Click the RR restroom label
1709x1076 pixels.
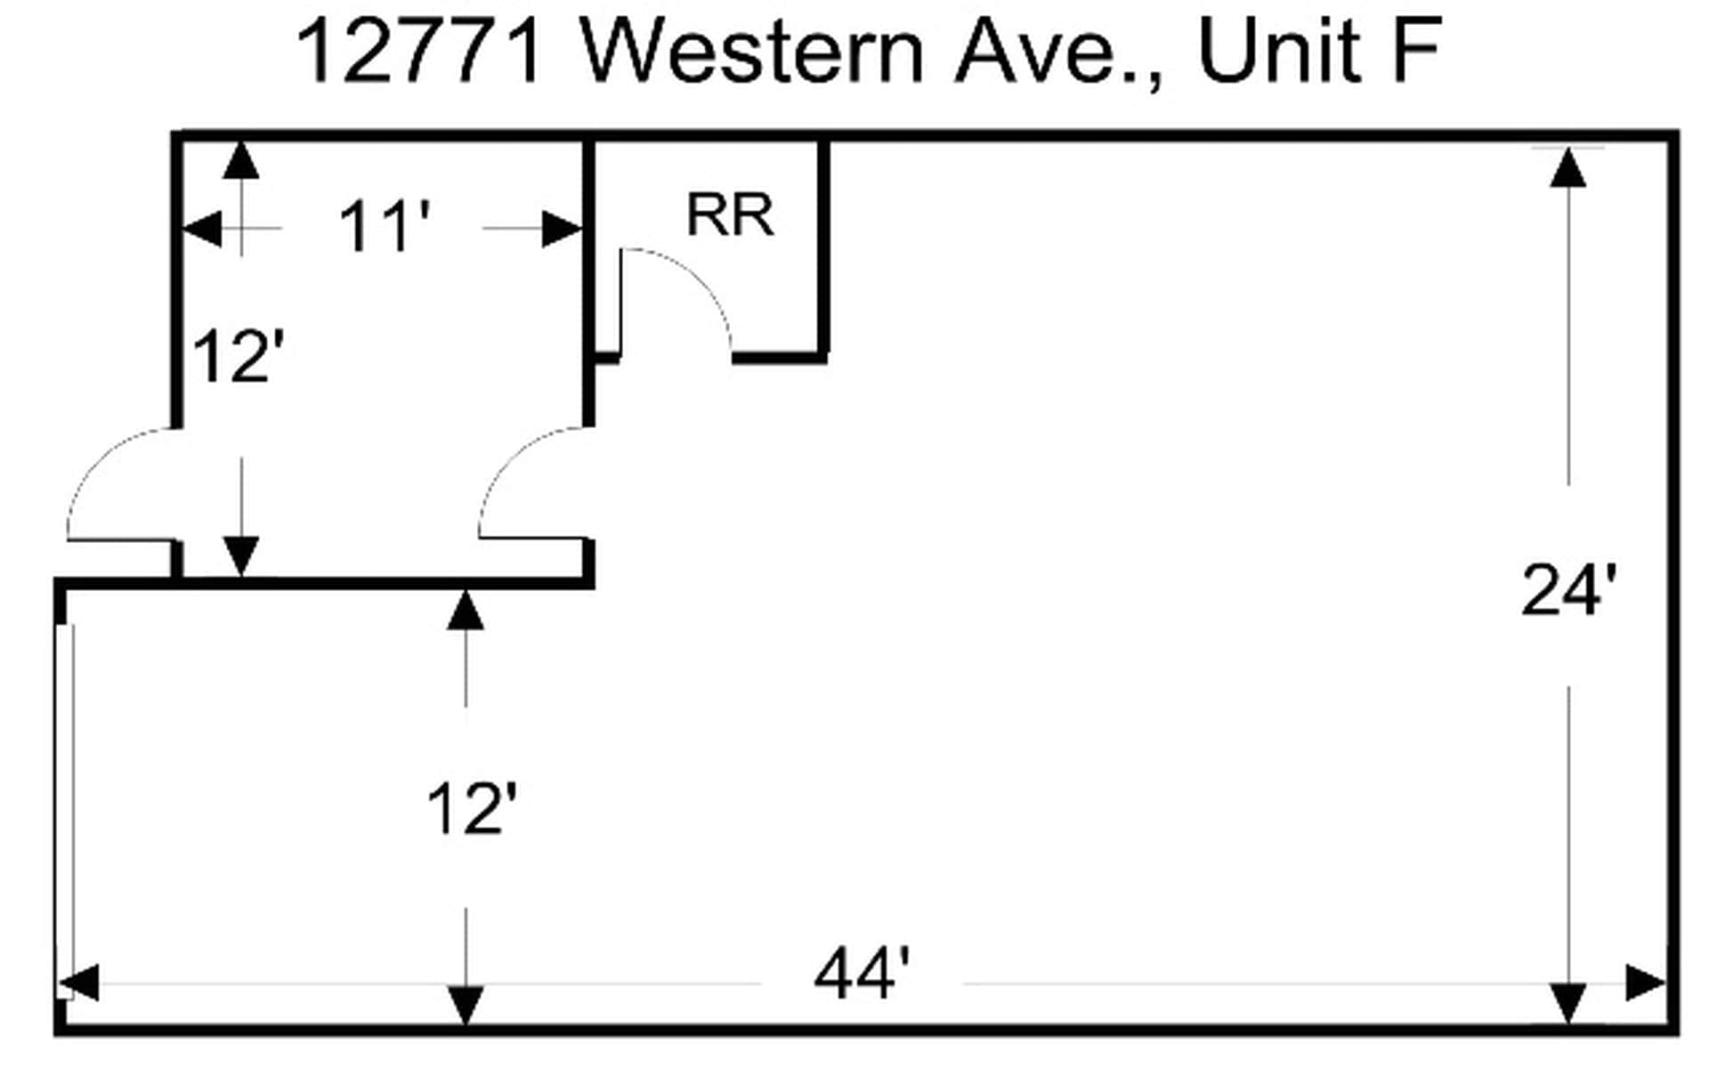pyautogui.click(x=730, y=214)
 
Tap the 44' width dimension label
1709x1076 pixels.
pyautogui.click(x=862, y=975)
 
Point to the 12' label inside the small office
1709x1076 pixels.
pyautogui.click(x=237, y=357)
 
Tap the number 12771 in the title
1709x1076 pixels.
pyautogui.click(x=419, y=52)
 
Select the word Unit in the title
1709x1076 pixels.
pyautogui.click(x=1280, y=52)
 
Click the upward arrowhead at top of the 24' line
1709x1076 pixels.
pyautogui.click(x=1567, y=167)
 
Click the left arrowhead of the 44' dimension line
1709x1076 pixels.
pyautogui.click(x=78, y=983)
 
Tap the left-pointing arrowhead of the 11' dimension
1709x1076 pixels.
pyautogui.click(x=202, y=229)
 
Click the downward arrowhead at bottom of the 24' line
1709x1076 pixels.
pyautogui.click(x=1567, y=1004)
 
